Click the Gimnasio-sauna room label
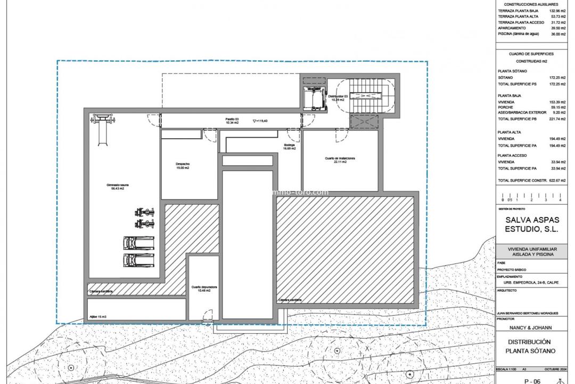pos(117,186)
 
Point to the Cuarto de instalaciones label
pos(340,160)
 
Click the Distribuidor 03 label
pos(337,98)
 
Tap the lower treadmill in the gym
pos(138,260)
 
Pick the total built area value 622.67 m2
pos(557,181)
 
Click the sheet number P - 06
pos(532,381)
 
